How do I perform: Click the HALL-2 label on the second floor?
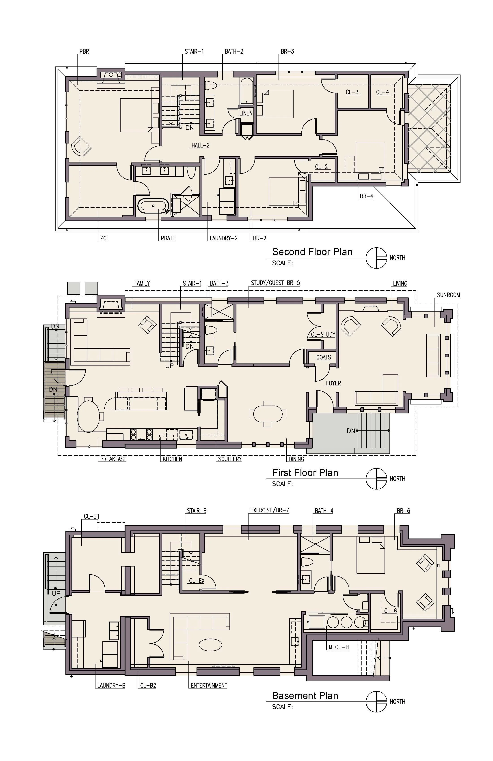coord(200,145)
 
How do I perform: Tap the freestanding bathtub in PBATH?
coord(153,206)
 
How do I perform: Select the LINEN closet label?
coord(246,113)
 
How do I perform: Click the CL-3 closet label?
coord(352,92)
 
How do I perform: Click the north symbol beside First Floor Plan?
coord(376,479)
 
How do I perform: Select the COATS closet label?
coord(323,357)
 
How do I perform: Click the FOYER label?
coord(333,383)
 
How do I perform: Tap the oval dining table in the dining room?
coord(268,414)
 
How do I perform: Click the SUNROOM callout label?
coord(448,295)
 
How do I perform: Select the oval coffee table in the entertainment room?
coord(210,645)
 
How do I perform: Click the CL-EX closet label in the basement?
coord(197,581)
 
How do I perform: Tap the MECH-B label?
coord(338,647)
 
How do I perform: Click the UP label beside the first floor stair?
coord(169,366)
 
